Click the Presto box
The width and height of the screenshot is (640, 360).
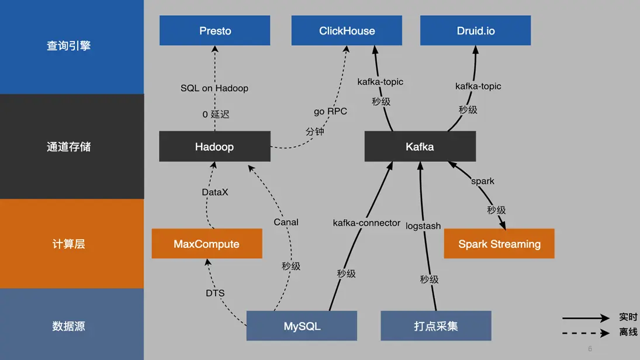point(215,30)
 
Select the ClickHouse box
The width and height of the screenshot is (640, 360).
point(347,30)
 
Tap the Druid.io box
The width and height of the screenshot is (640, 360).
point(475,30)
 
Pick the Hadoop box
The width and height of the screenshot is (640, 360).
point(215,147)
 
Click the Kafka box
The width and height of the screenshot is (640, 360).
point(420,147)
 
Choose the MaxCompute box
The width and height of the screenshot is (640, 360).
point(206,244)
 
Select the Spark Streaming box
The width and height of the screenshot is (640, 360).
point(499,244)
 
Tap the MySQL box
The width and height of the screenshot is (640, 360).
point(302,326)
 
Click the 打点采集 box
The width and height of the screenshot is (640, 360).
point(435,326)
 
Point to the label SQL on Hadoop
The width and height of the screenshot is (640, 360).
point(215,88)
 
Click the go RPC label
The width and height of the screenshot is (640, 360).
point(330,111)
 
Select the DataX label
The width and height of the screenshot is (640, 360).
point(215,192)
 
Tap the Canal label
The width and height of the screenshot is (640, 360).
point(286,222)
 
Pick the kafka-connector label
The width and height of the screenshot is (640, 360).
point(366,223)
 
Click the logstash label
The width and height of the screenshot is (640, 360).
point(423,226)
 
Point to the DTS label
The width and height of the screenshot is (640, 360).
point(215,293)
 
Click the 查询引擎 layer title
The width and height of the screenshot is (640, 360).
point(68,46)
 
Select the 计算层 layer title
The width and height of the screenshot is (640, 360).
point(68,244)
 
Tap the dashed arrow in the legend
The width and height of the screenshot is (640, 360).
point(586,333)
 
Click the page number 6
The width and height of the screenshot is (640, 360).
point(590,349)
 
